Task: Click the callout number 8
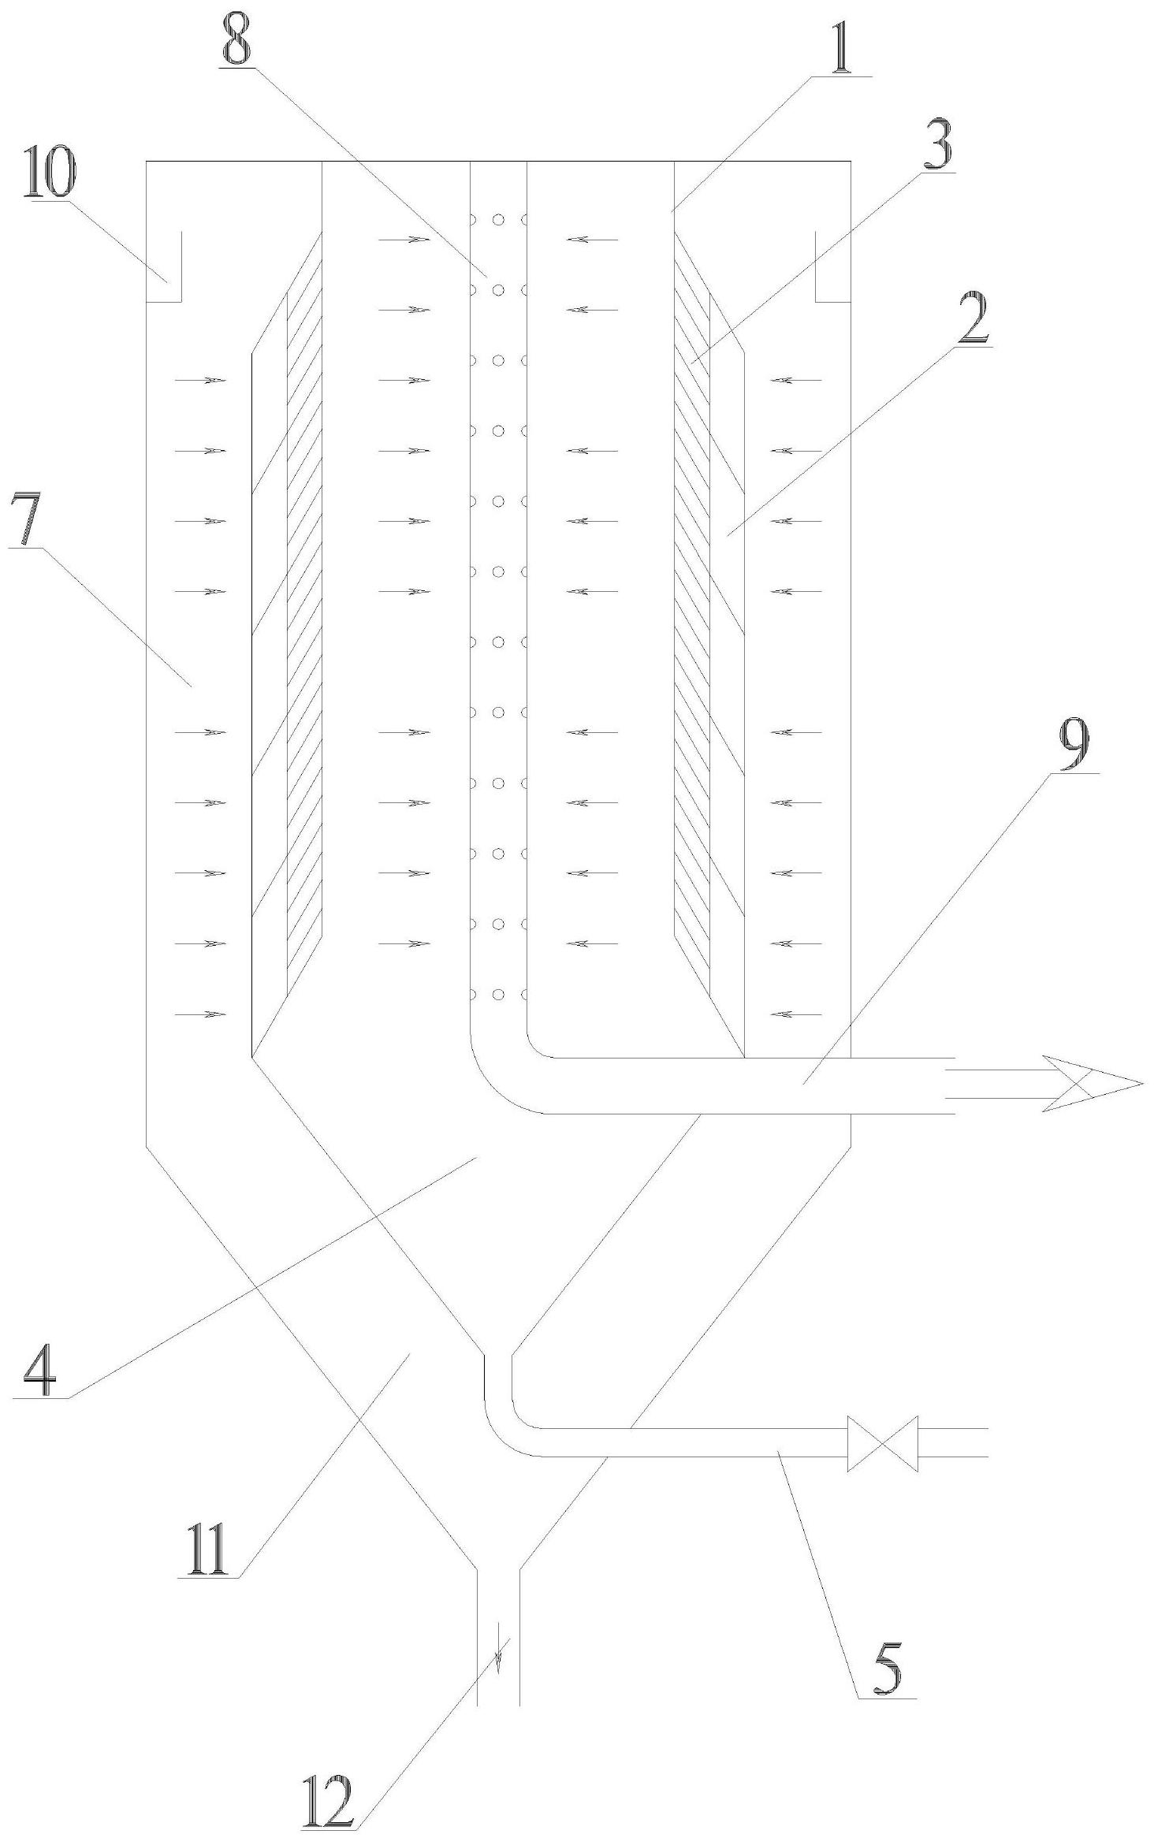(236, 37)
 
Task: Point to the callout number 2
(973, 316)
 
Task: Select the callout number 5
(887, 1665)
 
